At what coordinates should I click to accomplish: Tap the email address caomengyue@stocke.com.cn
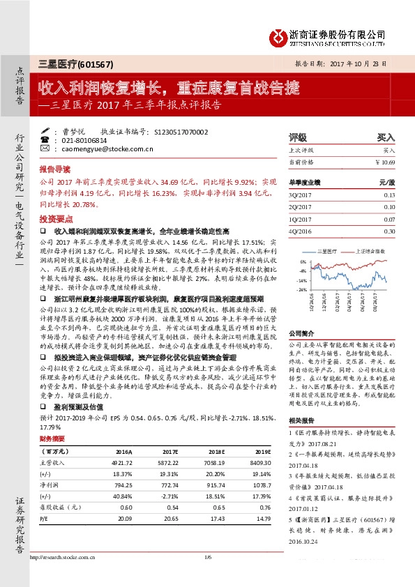pyautogui.click(x=107, y=148)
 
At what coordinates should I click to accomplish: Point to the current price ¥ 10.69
pyautogui.click(x=384, y=162)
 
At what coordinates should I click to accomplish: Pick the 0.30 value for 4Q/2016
pyautogui.click(x=389, y=231)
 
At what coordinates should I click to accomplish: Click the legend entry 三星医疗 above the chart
pyautogui.click(x=328, y=249)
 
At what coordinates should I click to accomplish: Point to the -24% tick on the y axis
pyautogui.click(x=302, y=289)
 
